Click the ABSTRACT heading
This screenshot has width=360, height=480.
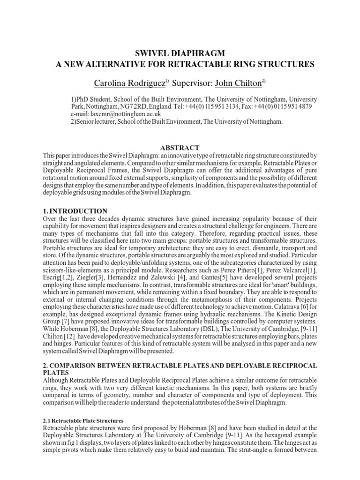click(180, 148)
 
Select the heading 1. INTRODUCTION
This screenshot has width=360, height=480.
click(75, 211)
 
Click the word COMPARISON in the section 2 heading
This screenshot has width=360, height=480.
click(75, 365)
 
